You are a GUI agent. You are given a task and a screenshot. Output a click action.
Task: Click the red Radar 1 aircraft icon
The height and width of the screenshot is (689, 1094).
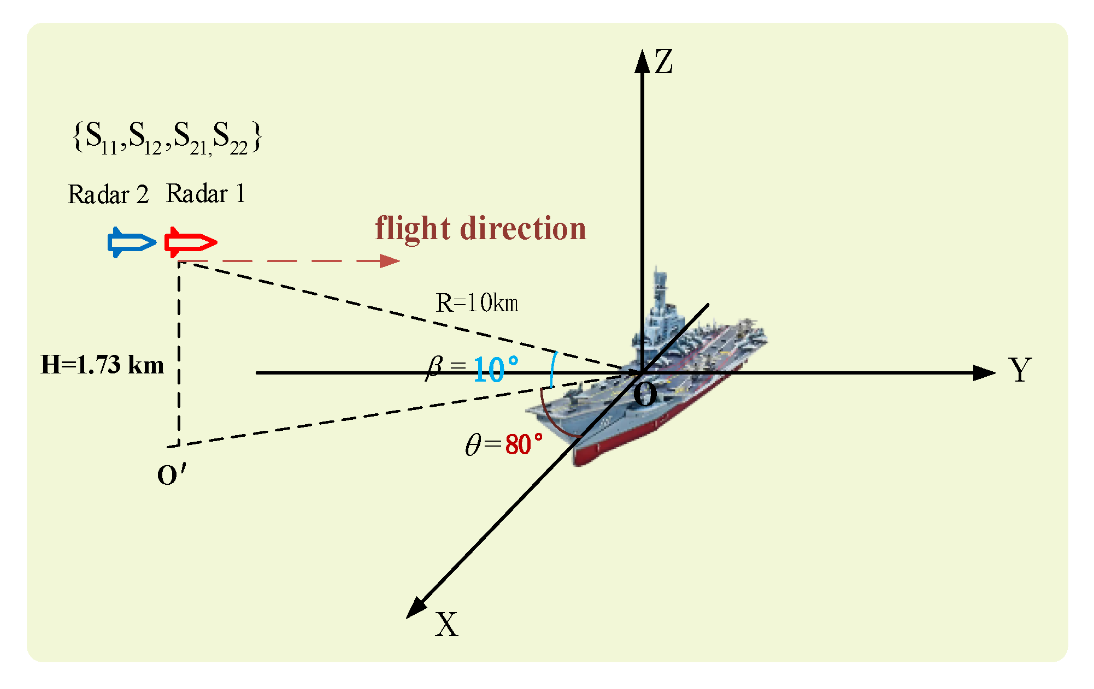point(190,242)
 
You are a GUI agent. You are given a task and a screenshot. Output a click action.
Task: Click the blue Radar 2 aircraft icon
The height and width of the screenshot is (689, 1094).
point(131,242)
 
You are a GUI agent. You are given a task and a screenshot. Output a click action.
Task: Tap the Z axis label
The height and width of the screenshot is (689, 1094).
point(663,62)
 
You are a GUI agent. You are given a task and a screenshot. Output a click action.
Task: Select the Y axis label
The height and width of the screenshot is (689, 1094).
point(1020,370)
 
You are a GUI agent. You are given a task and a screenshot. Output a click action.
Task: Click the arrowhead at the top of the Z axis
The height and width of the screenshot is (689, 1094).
point(642,60)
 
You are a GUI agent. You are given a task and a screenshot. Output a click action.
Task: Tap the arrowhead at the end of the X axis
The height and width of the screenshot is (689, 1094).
point(416,609)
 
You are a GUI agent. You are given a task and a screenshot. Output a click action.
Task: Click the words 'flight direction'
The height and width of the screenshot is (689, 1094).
point(480,228)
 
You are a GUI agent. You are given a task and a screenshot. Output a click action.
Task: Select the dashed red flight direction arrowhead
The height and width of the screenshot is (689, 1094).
point(390,261)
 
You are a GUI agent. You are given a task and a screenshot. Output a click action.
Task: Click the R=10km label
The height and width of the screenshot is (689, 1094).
point(477,303)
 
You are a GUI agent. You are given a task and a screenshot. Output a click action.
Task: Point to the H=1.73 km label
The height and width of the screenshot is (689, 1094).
point(102,365)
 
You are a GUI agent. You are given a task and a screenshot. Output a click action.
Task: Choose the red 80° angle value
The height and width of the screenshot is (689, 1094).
point(524,444)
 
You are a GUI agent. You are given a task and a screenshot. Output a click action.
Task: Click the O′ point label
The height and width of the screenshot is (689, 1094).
point(171,475)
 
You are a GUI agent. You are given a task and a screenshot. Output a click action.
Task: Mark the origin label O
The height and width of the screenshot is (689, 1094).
point(645,394)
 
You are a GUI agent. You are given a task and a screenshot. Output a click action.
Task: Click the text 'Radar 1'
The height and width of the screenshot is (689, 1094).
point(205,194)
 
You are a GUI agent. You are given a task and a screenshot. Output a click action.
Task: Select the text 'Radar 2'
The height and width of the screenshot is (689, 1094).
point(108,195)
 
